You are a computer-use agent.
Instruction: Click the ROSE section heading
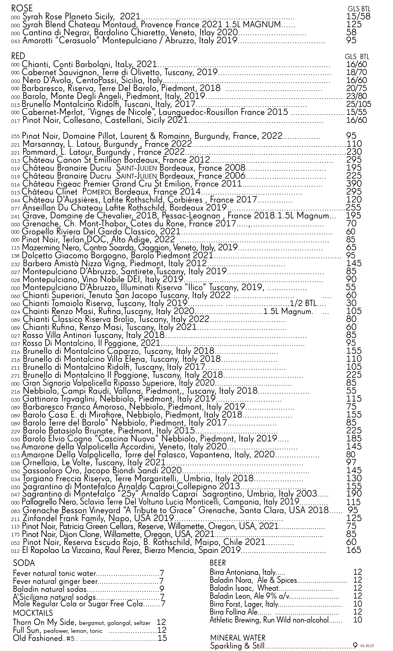(22, 9)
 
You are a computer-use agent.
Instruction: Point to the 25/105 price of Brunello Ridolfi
(358, 104)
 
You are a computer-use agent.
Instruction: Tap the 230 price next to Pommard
(354, 152)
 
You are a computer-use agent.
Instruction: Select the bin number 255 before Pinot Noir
(16, 137)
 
